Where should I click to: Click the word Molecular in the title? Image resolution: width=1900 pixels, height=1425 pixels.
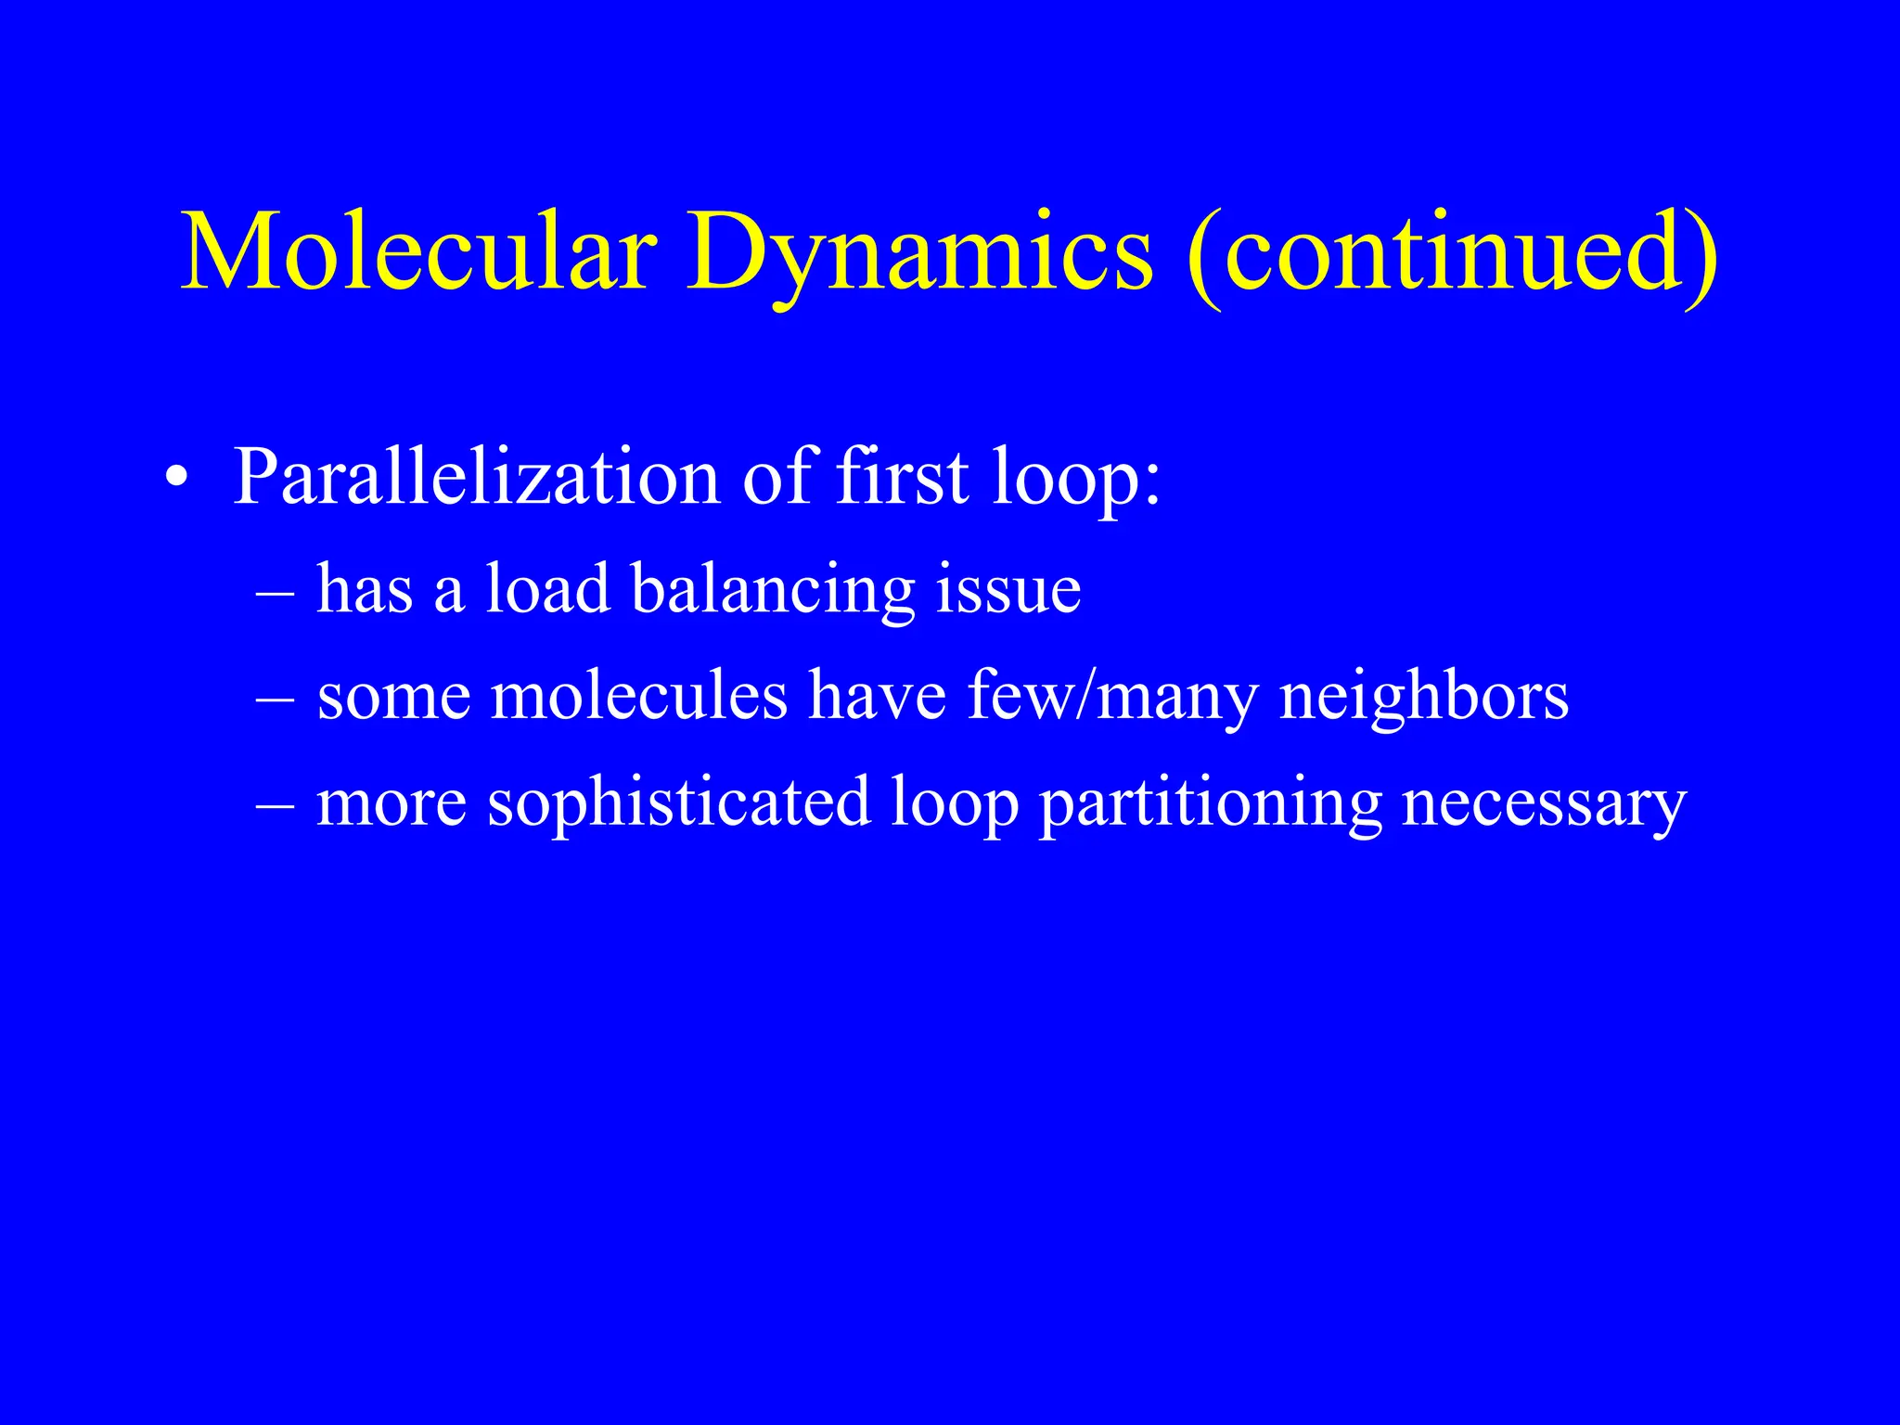tap(418, 252)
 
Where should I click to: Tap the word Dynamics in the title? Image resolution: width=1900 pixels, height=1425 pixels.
tap(919, 252)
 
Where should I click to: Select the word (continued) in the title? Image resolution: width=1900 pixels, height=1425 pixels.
tap(1452, 252)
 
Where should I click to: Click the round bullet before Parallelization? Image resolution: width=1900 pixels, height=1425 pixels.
tap(176, 480)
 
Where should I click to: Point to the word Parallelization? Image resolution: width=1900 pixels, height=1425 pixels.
tap(477, 478)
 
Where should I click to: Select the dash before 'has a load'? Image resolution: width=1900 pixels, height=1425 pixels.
tap(275, 591)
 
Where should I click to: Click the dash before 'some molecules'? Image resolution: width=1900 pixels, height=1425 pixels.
tap(275, 698)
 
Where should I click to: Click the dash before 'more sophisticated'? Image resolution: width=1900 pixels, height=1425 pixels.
tap(275, 804)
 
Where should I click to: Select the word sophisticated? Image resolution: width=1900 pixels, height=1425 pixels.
tap(678, 803)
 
